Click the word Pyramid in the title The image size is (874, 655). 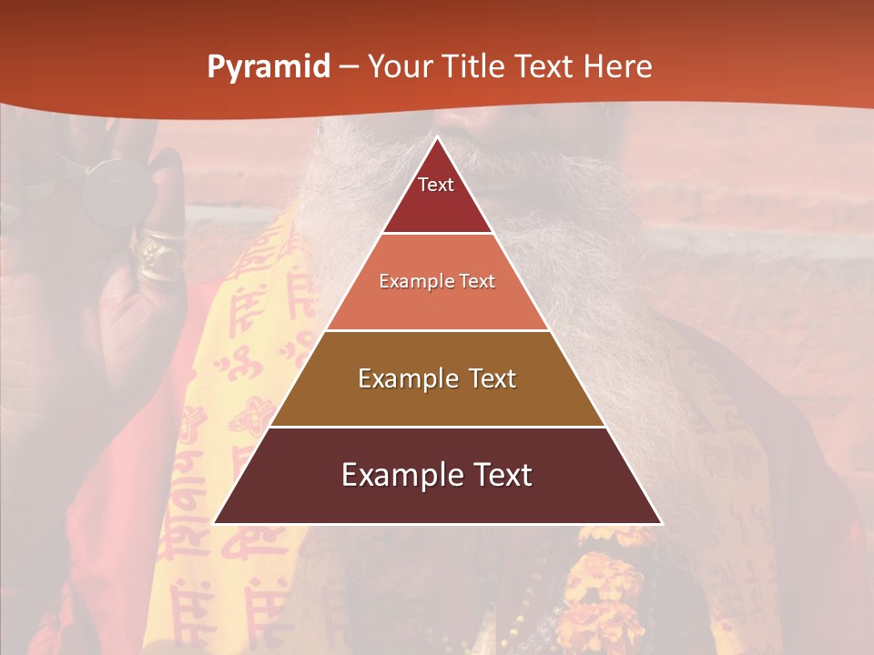(268, 67)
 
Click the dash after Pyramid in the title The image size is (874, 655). (348, 67)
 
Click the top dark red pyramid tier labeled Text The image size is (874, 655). (436, 196)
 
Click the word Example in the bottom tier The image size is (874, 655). (394, 475)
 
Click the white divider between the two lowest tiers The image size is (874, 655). (437, 427)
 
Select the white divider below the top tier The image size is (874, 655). (437, 234)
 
